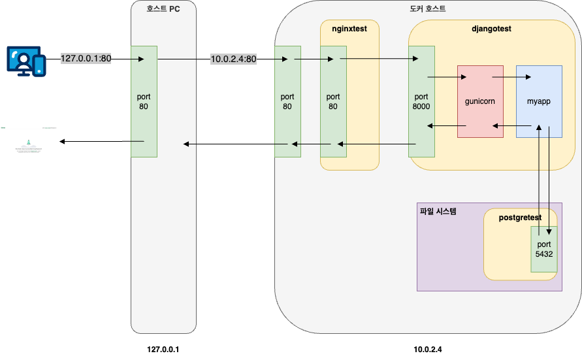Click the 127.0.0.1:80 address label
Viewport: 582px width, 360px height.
(86, 59)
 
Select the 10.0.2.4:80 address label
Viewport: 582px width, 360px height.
(233, 59)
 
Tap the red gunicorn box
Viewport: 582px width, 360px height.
(480, 101)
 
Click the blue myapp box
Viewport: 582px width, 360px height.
(539, 101)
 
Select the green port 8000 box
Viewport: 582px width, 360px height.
(422, 101)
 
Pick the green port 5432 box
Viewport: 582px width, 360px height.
(544, 249)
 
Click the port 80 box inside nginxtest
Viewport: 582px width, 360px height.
(333, 101)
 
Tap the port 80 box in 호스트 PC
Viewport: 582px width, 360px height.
(144, 101)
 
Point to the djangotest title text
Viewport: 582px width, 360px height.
(491, 29)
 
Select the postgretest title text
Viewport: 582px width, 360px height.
(521, 217)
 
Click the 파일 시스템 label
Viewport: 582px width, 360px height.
(438, 211)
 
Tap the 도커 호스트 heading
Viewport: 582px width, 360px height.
(428, 8)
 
